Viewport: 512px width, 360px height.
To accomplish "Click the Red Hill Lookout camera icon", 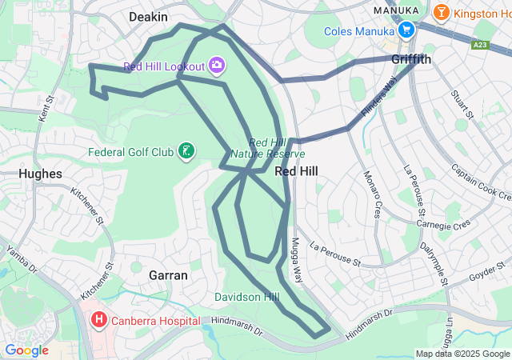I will pos(217,65).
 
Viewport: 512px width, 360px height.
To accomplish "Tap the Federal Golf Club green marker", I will pos(186,150).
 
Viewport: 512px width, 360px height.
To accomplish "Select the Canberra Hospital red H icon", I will pos(99,321).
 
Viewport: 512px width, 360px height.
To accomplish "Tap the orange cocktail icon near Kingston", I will pos(440,12).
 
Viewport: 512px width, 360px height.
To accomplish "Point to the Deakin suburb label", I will pos(147,16).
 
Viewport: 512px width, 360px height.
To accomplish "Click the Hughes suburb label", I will pos(39,174).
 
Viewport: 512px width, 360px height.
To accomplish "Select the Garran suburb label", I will pos(168,275).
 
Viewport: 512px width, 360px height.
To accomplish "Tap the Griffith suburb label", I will pos(411,60).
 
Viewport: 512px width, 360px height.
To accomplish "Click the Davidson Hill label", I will pos(247,297).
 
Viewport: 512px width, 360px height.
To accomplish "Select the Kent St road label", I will pos(46,110).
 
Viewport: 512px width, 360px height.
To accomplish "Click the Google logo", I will pos(26,350).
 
